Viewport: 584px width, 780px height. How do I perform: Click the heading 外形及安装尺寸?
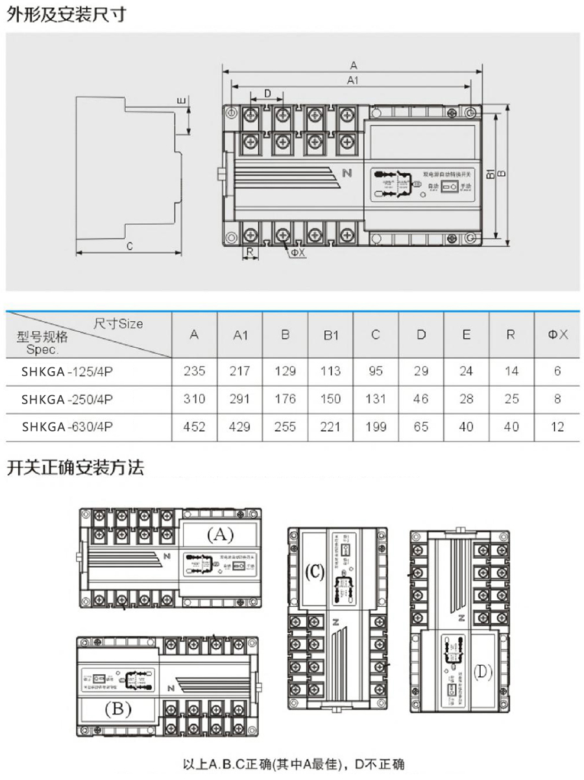coord(66,14)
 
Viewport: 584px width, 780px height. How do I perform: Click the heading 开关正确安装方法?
coord(75,467)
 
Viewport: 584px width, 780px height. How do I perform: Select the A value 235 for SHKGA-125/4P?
coord(194,371)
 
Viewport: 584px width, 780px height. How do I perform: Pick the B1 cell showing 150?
coord(331,398)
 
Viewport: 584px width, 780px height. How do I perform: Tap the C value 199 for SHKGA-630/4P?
coord(376,426)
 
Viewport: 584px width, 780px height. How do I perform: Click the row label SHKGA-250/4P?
coord(67,399)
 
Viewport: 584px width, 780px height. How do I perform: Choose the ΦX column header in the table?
coord(557,335)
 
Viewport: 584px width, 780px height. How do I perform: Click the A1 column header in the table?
coord(241,335)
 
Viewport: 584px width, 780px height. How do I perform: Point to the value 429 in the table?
coord(241,426)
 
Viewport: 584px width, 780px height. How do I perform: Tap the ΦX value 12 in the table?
coord(557,426)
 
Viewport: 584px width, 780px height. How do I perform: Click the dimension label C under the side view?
coord(129,247)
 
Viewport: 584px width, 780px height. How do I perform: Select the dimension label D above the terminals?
coord(267,93)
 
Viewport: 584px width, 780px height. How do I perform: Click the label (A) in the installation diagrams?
coord(219,535)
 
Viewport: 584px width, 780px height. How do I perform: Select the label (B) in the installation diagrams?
coord(118,709)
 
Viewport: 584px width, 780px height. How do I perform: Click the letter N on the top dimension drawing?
coord(347,173)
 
